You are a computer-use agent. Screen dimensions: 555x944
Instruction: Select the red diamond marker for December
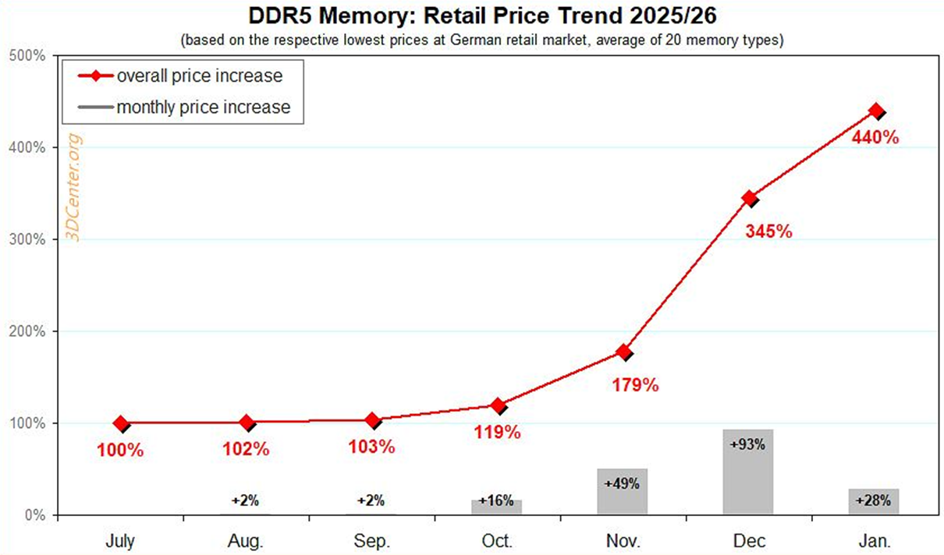point(749,198)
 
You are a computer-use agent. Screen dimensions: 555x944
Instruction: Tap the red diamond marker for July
point(120,424)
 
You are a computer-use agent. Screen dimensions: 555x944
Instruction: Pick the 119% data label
point(497,432)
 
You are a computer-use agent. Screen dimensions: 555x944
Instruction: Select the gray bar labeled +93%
point(748,472)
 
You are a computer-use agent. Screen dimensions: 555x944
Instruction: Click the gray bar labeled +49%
point(622,491)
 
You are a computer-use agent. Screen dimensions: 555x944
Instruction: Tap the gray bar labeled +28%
point(874,501)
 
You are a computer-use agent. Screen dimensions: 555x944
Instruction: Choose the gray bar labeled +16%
point(496,506)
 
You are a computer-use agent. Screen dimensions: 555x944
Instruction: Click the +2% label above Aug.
point(246,500)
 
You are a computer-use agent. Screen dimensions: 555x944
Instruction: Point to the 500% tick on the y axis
point(29,56)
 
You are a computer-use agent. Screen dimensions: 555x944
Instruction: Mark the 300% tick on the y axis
point(29,239)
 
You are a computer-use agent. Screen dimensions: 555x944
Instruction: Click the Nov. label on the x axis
point(623,540)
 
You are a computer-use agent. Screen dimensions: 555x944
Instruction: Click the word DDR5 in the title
point(281,16)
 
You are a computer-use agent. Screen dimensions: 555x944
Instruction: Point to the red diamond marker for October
point(497,405)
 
